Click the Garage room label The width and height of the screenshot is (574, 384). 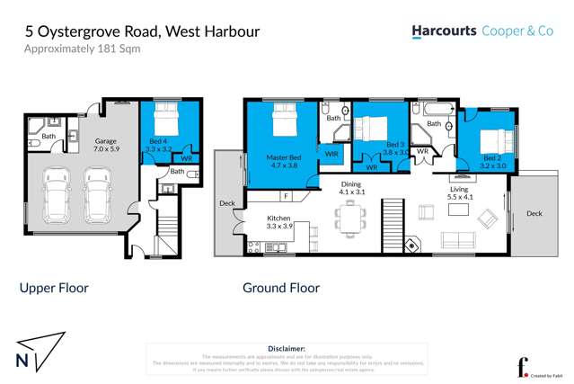(x=108, y=145)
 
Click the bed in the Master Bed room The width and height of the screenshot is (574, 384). (x=282, y=120)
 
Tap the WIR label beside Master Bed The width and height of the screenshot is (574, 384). (x=331, y=154)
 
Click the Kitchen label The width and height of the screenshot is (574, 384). (x=278, y=220)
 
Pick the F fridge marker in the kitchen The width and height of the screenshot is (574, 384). (x=286, y=195)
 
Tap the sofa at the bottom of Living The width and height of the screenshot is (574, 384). (x=457, y=240)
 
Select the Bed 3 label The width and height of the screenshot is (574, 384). (x=395, y=147)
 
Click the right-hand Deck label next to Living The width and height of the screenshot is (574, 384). (x=534, y=213)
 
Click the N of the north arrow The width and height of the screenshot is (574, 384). (x=22, y=361)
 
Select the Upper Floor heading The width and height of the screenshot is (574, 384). (x=54, y=289)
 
